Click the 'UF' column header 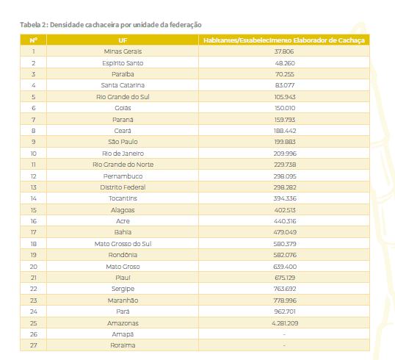pyautogui.click(x=123, y=40)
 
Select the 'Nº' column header pyautogui.click(x=34, y=40)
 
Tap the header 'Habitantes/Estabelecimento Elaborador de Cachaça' pyautogui.click(x=284, y=40)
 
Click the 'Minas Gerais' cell pyautogui.click(x=123, y=51)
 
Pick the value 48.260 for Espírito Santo pyautogui.click(x=285, y=63)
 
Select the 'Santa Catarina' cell pyautogui.click(x=123, y=85)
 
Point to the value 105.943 pyautogui.click(x=285, y=97)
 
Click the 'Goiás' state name pyautogui.click(x=123, y=108)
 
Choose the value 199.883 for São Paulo pyautogui.click(x=285, y=142)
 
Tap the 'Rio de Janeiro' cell pyautogui.click(x=123, y=154)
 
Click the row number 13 pyautogui.click(x=34, y=187)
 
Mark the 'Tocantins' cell pyautogui.click(x=123, y=198)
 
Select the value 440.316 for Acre pyautogui.click(x=285, y=221)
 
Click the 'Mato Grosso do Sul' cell pyautogui.click(x=123, y=244)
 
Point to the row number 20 pyautogui.click(x=34, y=267)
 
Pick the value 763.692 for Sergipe pyautogui.click(x=285, y=289)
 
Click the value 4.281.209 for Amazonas pyautogui.click(x=285, y=323)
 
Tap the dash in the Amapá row pyautogui.click(x=284, y=334)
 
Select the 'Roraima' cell pyautogui.click(x=123, y=345)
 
